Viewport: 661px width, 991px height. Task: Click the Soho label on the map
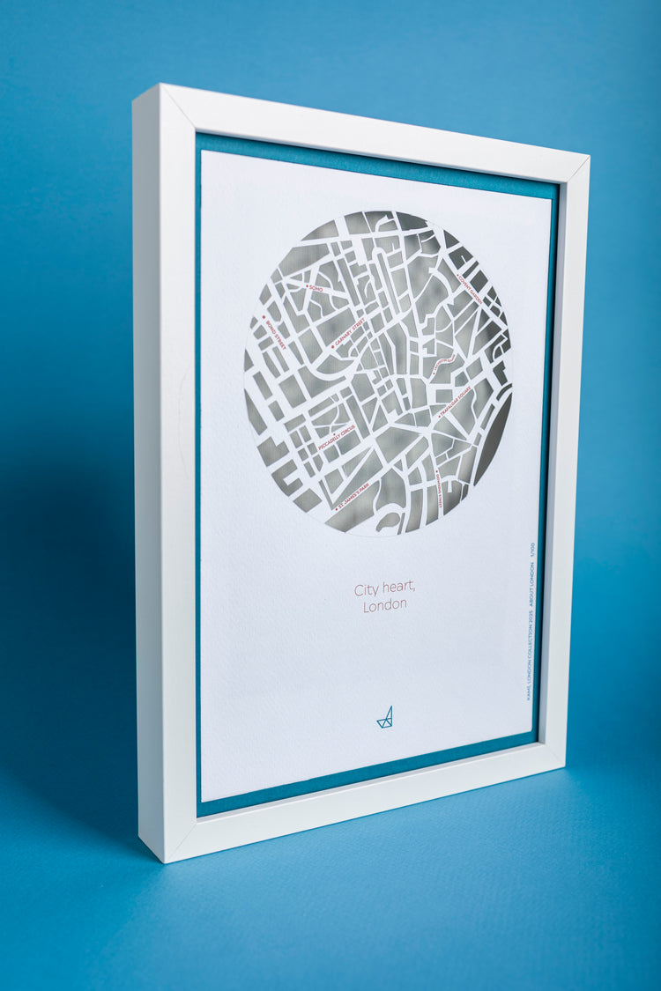coord(316,288)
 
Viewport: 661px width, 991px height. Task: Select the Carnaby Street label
coord(347,336)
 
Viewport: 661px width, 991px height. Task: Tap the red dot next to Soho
coord(307,286)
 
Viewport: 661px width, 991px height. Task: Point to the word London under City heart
coord(385,605)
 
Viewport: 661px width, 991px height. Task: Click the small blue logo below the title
coord(385,718)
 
